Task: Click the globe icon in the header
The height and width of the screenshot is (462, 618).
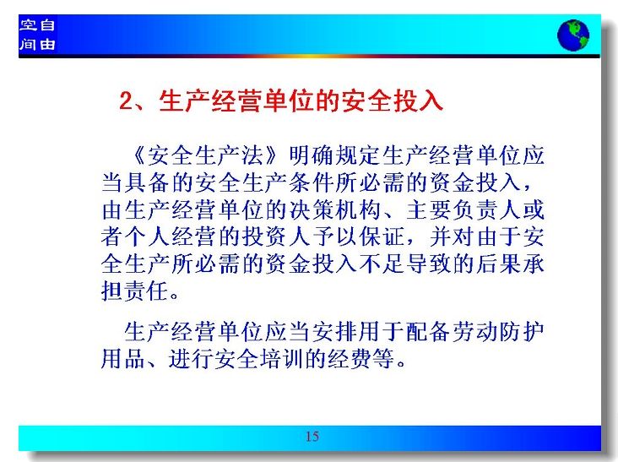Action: [573, 35]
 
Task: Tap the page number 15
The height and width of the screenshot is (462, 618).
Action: [312, 437]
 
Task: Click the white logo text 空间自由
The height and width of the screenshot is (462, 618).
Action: [37, 35]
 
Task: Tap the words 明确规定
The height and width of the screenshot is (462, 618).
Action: [334, 155]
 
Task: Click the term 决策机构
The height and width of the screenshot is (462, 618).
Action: [334, 209]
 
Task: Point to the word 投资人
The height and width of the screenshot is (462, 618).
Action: [276, 237]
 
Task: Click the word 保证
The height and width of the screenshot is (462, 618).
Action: [382, 237]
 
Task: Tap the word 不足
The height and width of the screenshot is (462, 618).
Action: [382, 264]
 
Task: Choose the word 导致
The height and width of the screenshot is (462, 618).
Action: [428, 264]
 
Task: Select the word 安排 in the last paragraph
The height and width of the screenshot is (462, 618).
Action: [334, 331]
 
